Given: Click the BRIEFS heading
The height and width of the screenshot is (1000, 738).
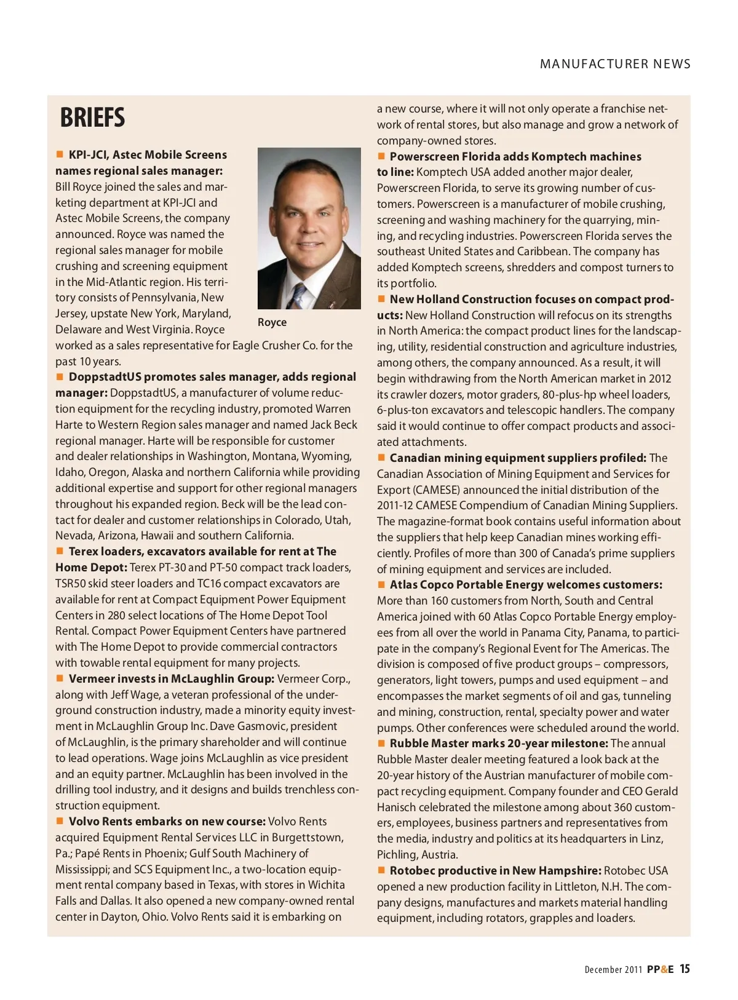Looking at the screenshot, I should [x=92, y=117].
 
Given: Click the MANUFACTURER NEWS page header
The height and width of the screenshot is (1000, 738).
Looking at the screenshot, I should [x=615, y=64].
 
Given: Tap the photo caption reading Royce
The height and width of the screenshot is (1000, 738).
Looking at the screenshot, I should [x=272, y=322].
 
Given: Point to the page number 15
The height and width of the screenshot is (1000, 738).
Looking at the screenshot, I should [x=684, y=969].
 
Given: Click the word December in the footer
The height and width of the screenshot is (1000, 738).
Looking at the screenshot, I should [x=603, y=970].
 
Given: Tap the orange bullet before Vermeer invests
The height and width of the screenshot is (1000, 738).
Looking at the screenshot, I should [x=60, y=678].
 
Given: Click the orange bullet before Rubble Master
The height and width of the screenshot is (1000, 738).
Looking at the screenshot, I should [x=381, y=743].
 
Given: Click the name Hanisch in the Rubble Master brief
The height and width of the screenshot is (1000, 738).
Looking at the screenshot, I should [x=397, y=807].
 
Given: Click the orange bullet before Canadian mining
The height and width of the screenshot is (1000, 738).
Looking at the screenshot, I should [x=381, y=458].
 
